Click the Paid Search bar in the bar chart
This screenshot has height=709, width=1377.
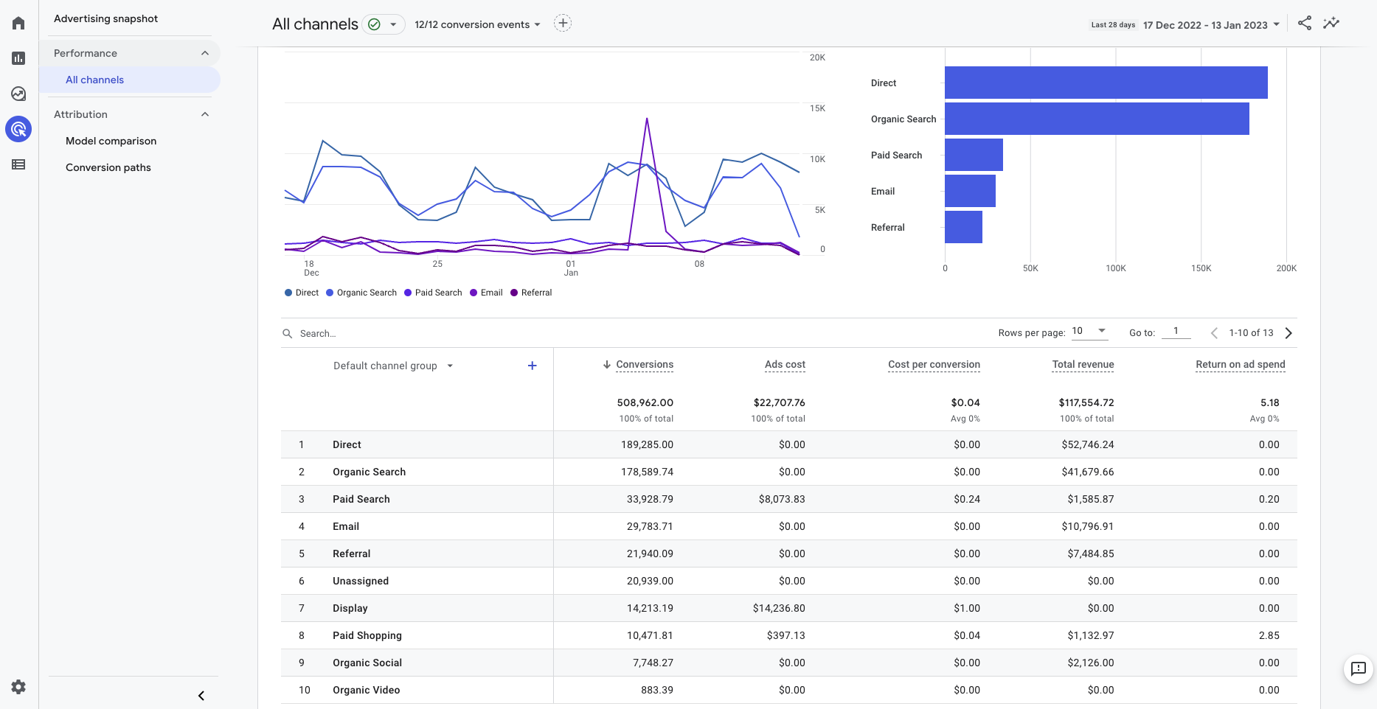[974, 155]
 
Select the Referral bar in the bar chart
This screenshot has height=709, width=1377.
[963, 227]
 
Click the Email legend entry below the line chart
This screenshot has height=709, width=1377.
[486, 293]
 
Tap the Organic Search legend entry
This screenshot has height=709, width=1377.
[361, 293]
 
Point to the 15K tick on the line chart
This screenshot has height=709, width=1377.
[817, 108]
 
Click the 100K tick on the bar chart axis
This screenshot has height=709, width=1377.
[1115, 268]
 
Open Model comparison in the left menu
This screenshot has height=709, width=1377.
[111, 141]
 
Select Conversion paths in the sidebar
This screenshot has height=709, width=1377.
[108, 167]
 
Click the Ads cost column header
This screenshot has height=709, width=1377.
[785, 364]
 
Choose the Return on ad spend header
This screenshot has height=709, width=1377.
[1240, 364]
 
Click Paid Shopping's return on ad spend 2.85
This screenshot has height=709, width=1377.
[1269, 635]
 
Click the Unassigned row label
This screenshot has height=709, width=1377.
[360, 581]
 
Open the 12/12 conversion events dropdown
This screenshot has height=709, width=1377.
[477, 24]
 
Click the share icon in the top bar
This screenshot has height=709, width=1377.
[1304, 23]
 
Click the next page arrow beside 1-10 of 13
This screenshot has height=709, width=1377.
[1288, 333]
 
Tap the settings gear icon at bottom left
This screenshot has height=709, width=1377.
[18, 687]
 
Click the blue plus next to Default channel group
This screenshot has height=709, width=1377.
[532, 366]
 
